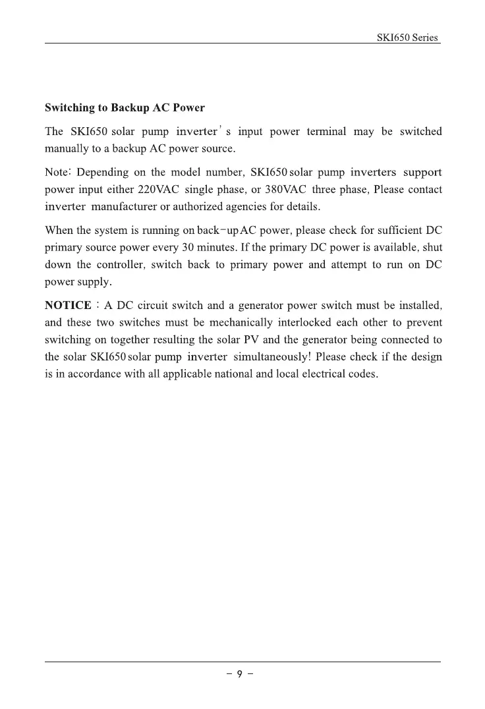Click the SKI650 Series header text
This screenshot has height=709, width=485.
point(407,38)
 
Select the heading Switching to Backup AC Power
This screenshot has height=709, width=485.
point(125,107)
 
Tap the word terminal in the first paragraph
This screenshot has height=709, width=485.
point(327,132)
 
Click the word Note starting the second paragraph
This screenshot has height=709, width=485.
point(57,173)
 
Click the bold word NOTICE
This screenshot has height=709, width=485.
point(68,306)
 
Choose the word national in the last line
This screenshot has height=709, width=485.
point(232,374)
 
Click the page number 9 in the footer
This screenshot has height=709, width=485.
point(241,674)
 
